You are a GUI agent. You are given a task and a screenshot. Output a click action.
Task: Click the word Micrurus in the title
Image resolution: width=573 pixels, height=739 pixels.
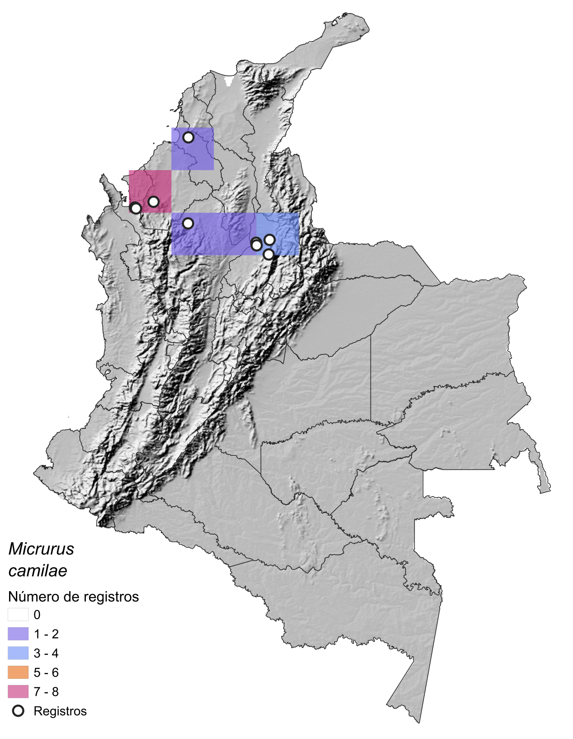point(41,549)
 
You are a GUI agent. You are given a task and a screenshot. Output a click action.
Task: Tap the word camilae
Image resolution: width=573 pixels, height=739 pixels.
point(38,571)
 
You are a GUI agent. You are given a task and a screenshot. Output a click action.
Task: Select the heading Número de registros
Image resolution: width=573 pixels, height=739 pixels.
point(73,597)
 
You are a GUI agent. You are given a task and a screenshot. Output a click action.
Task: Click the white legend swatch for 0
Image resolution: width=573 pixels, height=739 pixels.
point(18,615)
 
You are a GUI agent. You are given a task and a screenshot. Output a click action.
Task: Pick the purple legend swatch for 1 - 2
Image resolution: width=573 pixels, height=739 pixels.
point(18,634)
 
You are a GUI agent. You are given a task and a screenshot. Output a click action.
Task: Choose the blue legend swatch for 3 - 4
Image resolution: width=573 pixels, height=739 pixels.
point(18,653)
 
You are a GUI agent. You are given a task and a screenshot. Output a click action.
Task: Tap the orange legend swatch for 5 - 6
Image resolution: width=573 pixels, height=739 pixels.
point(18,673)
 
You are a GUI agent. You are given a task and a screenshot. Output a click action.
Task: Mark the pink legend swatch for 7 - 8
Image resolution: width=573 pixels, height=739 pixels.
point(18,692)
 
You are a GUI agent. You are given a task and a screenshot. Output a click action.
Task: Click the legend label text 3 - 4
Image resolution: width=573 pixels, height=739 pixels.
point(46,653)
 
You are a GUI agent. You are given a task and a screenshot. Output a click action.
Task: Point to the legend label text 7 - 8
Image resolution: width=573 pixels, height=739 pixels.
point(46,692)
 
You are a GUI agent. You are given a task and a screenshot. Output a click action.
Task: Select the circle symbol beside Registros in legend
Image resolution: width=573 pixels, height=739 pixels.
point(18,711)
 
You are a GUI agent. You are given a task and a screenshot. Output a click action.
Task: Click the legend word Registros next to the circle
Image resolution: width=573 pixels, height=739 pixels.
point(60,711)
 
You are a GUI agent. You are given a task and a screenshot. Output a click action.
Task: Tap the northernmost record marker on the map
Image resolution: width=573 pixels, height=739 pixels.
point(188,137)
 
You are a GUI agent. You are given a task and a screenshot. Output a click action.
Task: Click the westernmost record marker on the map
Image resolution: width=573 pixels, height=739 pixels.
point(136,208)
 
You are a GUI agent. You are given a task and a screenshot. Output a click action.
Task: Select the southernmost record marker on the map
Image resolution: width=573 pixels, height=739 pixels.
point(268,254)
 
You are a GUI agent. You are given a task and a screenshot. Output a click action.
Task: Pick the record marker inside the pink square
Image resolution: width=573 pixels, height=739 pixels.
point(154,201)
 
